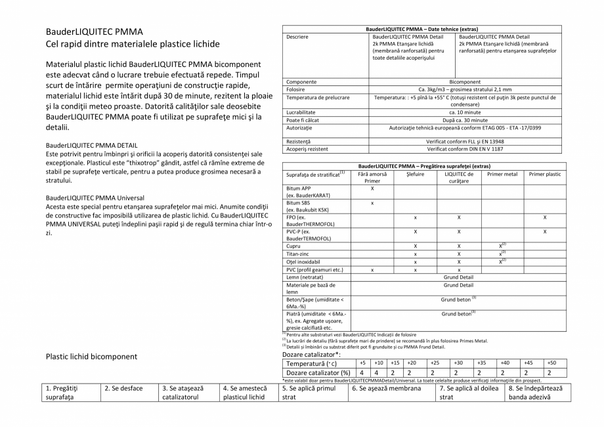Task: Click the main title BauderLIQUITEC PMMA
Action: coord(95,32)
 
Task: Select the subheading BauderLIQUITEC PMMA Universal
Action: coord(95,197)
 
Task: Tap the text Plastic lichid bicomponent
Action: coord(92,357)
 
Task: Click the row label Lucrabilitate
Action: coord(301,112)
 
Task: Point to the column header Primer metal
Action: coord(502,174)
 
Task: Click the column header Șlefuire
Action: coord(415,174)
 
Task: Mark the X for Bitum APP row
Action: coord(372,189)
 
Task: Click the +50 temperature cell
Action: coord(551,363)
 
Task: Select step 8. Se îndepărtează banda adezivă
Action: coord(533,392)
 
